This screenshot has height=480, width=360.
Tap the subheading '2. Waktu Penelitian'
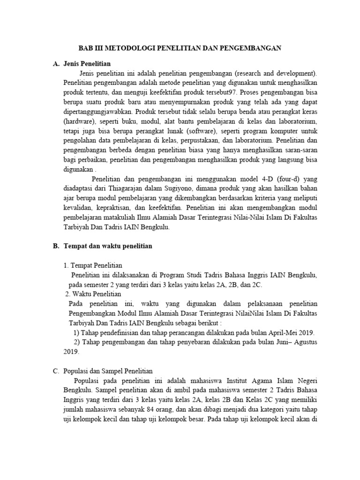(93, 294)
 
